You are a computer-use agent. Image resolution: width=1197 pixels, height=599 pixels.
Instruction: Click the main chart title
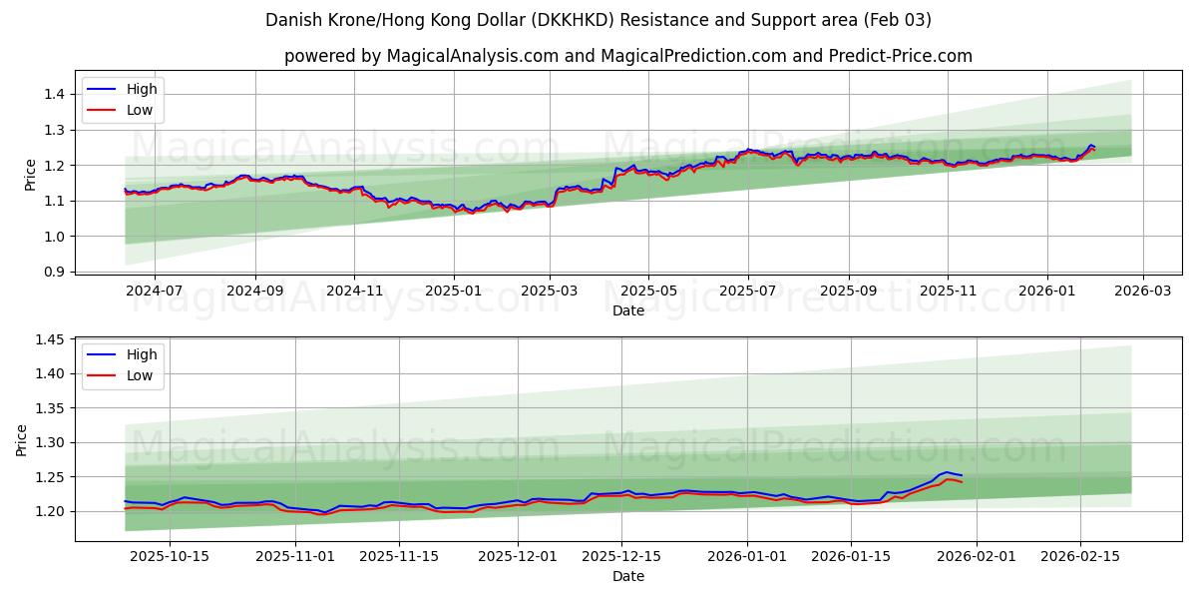pyautogui.click(x=598, y=20)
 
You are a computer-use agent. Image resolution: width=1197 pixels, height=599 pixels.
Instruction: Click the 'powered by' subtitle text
pyautogui.click(x=628, y=56)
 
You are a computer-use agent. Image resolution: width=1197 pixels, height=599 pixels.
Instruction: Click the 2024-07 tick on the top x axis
pyautogui.click(x=155, y=291)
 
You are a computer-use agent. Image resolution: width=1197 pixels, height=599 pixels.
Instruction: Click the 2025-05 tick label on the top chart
pyautogui.click(x=648, y=291)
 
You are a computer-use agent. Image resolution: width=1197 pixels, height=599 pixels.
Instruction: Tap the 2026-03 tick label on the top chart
pyautogui.click(x=1143, y=291)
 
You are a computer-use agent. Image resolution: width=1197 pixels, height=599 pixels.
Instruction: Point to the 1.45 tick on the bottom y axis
pyautogui.click(x=49, y=339)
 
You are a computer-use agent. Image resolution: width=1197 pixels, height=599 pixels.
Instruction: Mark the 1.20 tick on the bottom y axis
pyautogui.click(x=49, y=511)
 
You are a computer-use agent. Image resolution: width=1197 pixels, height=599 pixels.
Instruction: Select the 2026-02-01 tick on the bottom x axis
pyautogui.click(x=977, y=556)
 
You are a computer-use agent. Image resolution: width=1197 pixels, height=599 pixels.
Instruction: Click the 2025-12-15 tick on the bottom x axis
pyautogui.click(x=606, y=556)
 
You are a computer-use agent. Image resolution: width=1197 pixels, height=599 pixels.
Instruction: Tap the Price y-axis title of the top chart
pyautogui.click(x=30, y=175)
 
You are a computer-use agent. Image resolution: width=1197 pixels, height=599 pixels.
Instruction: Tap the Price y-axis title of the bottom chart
pyautogui.click(x=22, y=440)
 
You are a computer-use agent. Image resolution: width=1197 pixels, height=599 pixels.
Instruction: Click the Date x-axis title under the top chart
pyautogui.click(x=628, y=310)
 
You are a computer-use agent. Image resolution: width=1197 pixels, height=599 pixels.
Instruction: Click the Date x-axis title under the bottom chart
pyautogui.click(x=628, y=576)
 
